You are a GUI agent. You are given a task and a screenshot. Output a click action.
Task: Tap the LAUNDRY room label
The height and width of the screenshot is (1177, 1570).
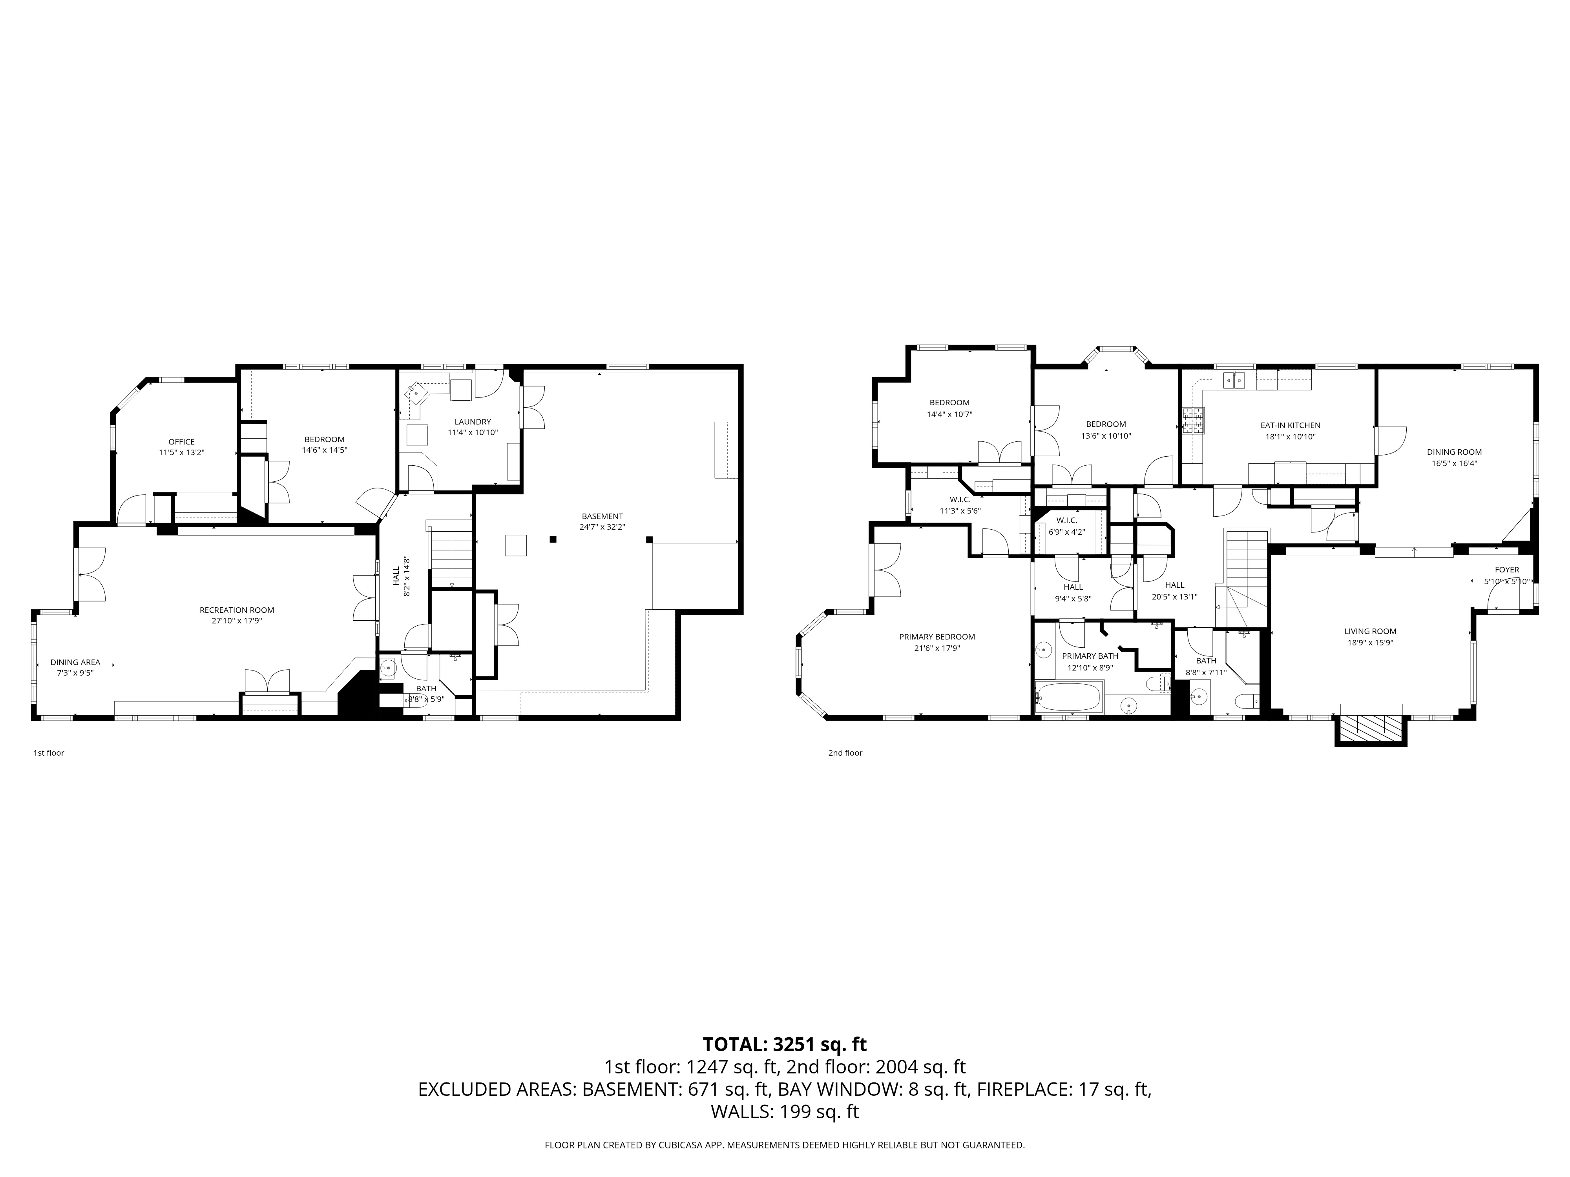click(x=473, y=421)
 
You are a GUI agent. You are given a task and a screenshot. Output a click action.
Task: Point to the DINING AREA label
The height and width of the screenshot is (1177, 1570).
click(x=75, y=662)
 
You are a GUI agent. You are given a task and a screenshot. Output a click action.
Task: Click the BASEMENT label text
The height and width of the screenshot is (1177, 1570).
click(x=602, y=516)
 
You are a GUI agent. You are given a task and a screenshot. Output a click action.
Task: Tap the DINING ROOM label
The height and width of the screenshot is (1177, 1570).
click(x=1454, y=452)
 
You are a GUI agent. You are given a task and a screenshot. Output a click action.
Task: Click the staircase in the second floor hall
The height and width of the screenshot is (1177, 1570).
click(x=1247, y=561)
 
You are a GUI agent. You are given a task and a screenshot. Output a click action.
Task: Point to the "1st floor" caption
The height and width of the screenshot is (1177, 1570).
click(x=48, y=753)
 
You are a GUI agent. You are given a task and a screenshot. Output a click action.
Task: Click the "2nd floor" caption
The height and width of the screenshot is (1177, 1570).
click(x=845, y=753)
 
